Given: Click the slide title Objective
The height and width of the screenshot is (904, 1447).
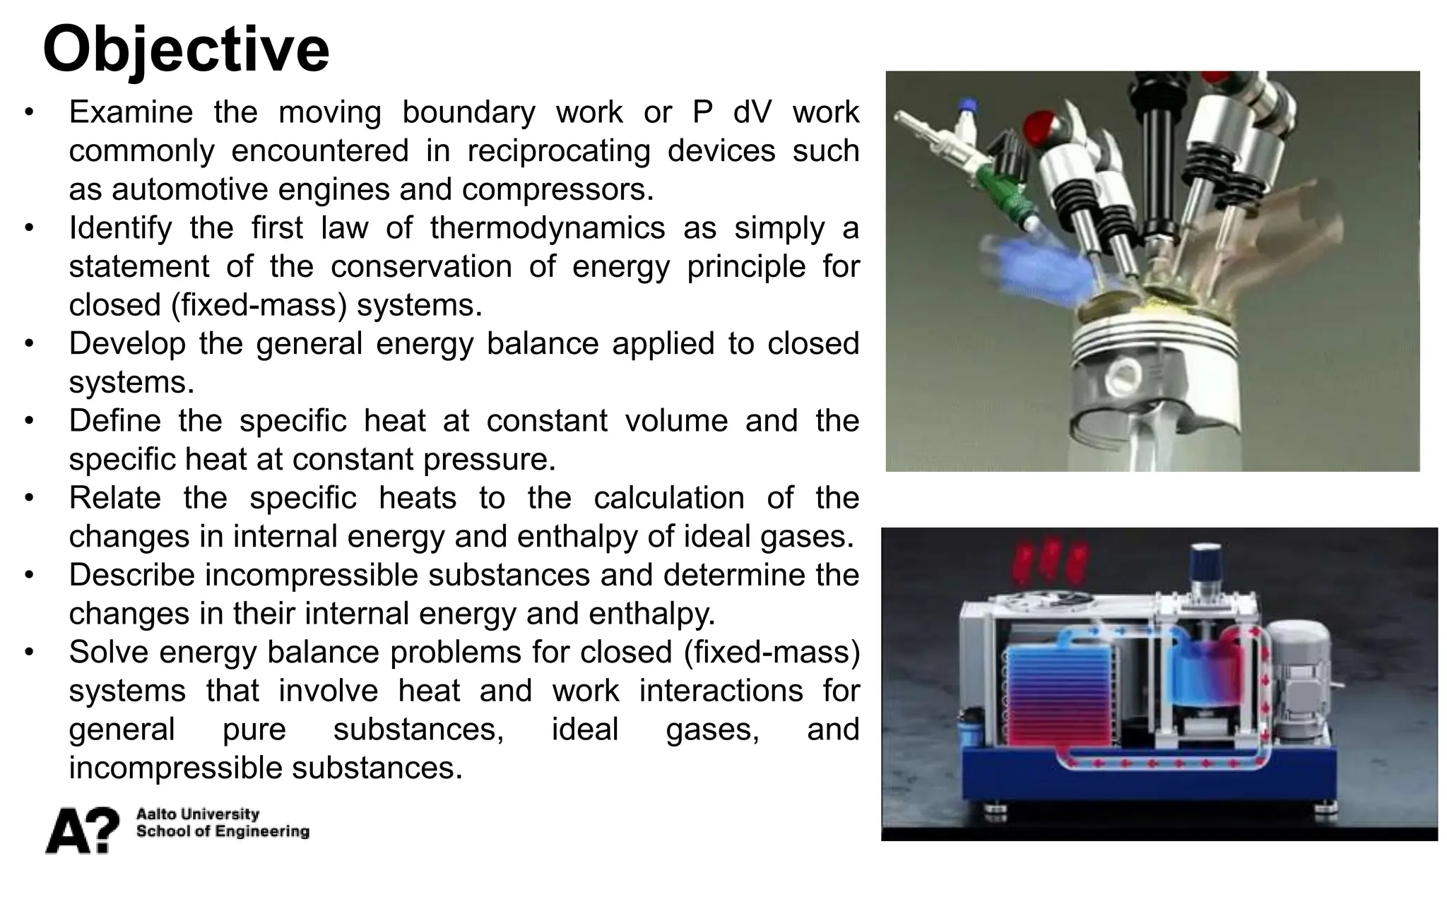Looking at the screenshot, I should click(x=186, y=49).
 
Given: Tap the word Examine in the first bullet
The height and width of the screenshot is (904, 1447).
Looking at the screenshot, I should click(x=131, y=112).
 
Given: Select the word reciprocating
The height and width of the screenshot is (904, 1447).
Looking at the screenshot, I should click(x=558, y=151).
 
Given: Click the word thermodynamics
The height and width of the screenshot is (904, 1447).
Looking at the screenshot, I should click(x=548, y=228).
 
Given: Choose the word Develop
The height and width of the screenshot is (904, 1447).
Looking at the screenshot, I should click(x=126, y=344).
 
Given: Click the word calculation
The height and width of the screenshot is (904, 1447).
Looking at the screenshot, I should click(x=668, y=498).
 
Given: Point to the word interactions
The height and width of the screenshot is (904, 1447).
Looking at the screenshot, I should click(x=721, y=691).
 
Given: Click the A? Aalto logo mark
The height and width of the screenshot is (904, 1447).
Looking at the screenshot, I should click(x=82, y=830).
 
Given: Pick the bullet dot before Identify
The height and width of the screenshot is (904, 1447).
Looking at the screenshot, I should click(x=28, y=229).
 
